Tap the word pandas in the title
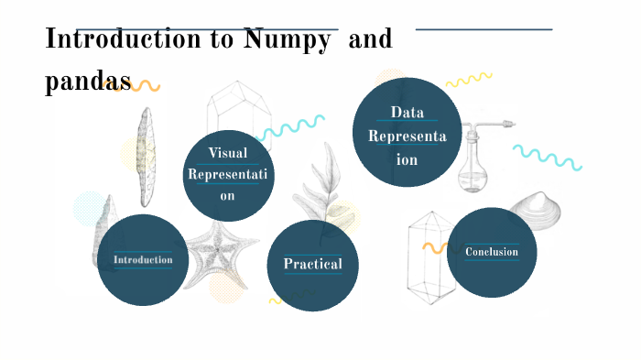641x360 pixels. [x=88, y=81]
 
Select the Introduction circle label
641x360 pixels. [x=143, y=259]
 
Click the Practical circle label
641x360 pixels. [x=312, y=264]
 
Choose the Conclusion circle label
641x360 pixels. [x=492, y=252]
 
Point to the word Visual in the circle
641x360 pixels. [x=228, y=153]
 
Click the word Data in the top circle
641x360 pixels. [x=407, y=113]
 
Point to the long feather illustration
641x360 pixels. [x=145, y=157]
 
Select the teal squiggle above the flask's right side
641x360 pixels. [x=547, y=157]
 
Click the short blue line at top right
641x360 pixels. [x=483, y=29]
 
